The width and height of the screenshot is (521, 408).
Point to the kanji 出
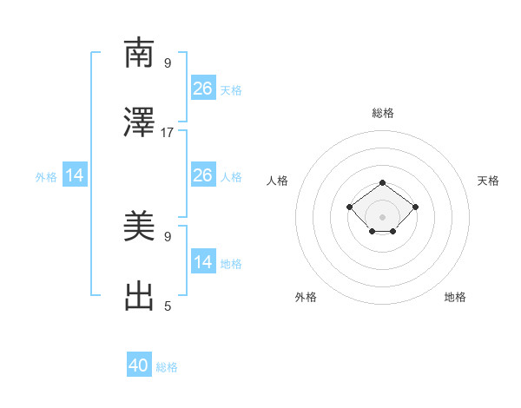pos(140,296)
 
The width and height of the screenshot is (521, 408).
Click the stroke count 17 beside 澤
pos(168,133)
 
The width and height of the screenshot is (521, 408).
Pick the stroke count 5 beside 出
pos(168,306)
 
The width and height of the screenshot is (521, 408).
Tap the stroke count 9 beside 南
pos(168,63)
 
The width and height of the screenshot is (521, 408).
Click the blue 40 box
pos(139,365)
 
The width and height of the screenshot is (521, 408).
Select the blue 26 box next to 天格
pos(202,88)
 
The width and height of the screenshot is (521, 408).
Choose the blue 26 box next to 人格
pos(202,175)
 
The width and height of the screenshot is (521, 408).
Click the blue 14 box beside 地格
pos(202,262)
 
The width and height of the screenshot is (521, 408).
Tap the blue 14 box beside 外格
pos(75,175)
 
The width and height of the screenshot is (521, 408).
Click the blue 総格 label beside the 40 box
pos(167,367)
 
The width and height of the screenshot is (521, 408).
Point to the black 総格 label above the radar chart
pos(383,113)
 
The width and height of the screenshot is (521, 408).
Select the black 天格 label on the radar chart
pos(488,181)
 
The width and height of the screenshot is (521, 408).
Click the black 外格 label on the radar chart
pos(306,297)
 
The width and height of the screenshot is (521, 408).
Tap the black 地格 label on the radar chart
pos(455,297)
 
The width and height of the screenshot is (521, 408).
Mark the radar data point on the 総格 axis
pos(383,182)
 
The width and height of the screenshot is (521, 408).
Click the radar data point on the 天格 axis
pos(416,207)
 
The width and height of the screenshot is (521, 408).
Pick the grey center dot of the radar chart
pos(383,217)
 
